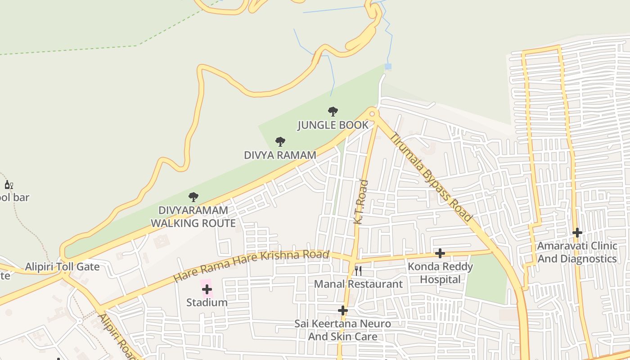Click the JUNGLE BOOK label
(333, 125)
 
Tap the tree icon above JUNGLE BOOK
(333, 111)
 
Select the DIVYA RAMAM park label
(280, 155)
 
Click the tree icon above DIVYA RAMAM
(280, 142)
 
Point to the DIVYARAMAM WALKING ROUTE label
(193, 216)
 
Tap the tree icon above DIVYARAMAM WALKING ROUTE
(193, 197)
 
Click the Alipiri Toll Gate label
(62, 267)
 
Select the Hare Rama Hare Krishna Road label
(251, 266)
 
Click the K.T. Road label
(361, 202)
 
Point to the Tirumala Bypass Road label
(432, 177)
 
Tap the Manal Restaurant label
(358, 284)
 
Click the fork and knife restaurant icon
(358, 270)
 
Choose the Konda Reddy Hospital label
(440, 273)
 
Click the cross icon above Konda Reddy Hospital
(440, 253)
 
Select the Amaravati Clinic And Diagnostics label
(577, 252)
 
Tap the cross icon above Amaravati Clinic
(577, 233)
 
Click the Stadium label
(207, 302)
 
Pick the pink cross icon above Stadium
(207, 289)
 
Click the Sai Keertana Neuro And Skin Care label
(343, 330)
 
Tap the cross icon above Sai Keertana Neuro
(343, 310)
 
